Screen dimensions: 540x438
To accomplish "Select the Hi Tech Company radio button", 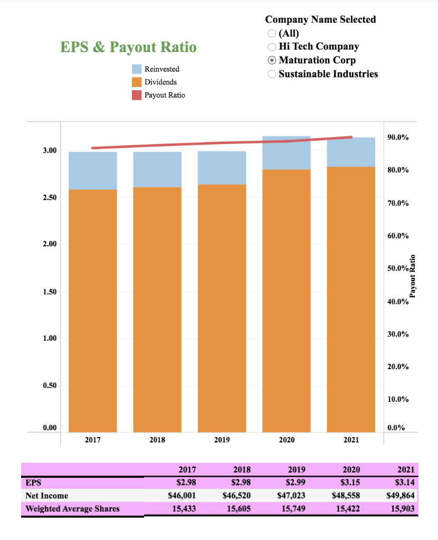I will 272,46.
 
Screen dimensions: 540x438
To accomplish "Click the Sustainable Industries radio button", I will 272,74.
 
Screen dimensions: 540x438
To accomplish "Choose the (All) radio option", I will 272,33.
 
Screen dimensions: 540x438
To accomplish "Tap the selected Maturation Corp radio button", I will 272,60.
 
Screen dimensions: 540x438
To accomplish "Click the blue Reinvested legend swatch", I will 136,69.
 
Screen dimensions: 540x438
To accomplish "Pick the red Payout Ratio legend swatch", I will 136,95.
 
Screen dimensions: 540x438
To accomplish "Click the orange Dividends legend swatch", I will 136,82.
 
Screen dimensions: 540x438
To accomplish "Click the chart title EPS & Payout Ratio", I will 128,47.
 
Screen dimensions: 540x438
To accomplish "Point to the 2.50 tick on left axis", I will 50,197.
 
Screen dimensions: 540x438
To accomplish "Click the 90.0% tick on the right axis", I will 397,138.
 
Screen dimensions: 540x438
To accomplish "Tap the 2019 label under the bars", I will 222,439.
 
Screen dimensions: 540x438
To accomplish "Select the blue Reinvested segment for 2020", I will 287,152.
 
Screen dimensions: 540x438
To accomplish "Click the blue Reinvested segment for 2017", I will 93,170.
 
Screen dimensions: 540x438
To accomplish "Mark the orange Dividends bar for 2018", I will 157,308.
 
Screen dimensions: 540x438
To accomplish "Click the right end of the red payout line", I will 351,137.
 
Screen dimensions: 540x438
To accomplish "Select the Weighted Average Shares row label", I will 72,509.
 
